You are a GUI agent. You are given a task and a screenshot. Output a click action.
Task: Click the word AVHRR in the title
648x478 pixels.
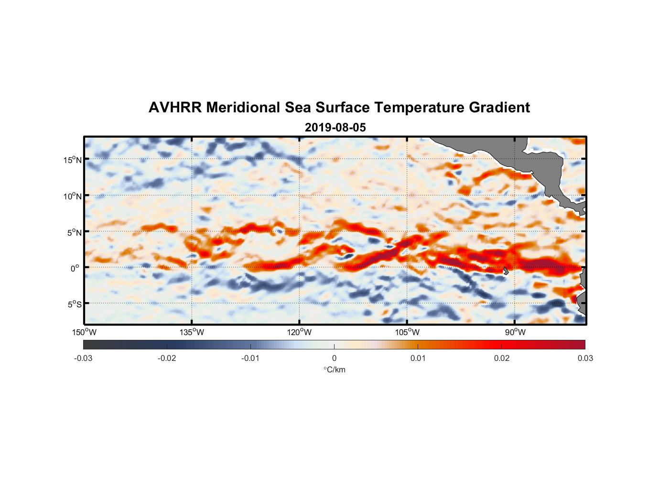[x=175, y=108]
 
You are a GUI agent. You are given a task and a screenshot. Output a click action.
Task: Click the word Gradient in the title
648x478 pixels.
[x=499, y=108]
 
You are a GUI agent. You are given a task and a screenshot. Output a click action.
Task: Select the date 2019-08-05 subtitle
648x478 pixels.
[x=335, y=128]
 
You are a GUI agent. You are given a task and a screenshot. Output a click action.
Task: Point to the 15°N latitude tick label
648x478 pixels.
[x=73, y=160]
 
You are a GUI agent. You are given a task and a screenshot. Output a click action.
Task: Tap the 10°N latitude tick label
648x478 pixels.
[x=73, y=196]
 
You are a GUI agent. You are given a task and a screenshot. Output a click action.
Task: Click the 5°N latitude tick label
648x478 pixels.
[x=74, y=232]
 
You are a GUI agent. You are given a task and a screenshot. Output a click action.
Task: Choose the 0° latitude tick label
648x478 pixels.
[x=75, y=268]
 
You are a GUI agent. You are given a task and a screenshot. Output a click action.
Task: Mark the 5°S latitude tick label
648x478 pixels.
[x=74, y=304]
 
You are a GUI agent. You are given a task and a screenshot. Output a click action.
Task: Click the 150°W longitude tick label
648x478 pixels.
[x=84, y=332]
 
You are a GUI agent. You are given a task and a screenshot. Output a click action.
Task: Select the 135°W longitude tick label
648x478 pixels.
[x=192, y=332]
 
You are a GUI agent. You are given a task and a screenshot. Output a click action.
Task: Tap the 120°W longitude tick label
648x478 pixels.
[x=299, y=332]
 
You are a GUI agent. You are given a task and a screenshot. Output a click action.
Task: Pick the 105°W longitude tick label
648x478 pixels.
[x=407, y=332]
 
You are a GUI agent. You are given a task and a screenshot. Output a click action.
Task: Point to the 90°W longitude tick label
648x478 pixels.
[x=515, y=332]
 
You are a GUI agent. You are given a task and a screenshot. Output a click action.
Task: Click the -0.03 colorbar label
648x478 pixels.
[x=83, y=358]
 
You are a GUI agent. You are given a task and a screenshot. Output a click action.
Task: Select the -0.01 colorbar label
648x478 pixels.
[x=250, y=358]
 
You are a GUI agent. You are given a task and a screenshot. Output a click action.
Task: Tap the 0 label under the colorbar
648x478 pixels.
[x=334, y=358]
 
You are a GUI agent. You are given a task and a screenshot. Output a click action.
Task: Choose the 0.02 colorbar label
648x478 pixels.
[x=501, y=358]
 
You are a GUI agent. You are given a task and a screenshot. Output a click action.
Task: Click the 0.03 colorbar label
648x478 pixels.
[x=585, y=358]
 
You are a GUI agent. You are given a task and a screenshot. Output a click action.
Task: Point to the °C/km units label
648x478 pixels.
[x=334, y=369]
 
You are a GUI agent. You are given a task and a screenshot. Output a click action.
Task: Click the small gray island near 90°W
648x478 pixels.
[x=506, y=271]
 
